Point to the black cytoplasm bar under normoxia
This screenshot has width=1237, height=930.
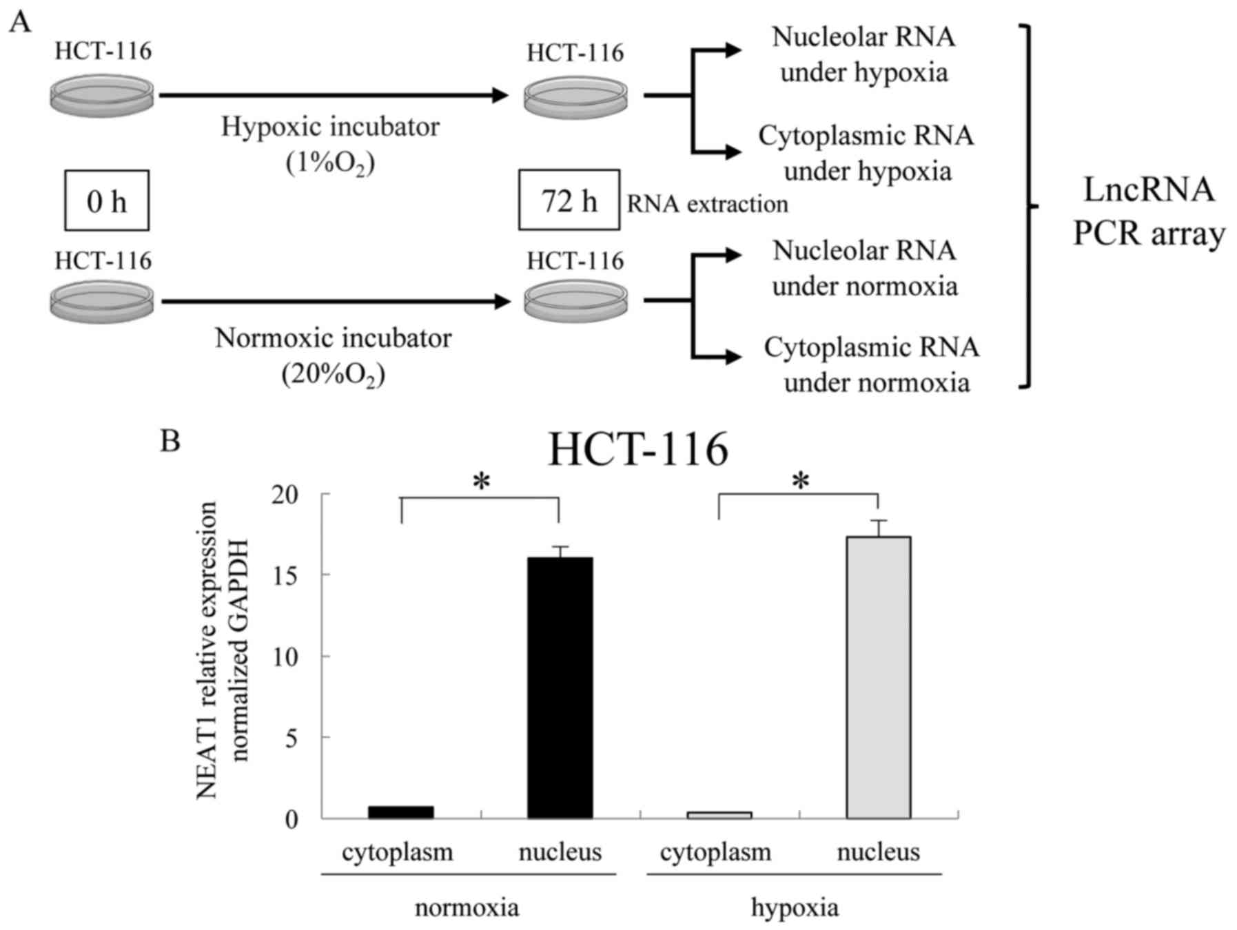[x=400, y=812]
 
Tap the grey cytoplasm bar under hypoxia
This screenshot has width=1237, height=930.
[x=719, y=815]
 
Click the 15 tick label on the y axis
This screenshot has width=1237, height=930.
[x=285, y=575]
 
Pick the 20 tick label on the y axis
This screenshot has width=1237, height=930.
[x=285, y=495]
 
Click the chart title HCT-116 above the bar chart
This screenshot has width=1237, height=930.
[x=637, y=451]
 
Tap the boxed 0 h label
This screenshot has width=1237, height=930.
[x=107, y=200]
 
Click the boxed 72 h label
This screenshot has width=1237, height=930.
[x=569, y=200]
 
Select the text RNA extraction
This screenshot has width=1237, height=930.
[x=707, y=204]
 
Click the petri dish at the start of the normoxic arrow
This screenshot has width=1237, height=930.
[x=102, y=301]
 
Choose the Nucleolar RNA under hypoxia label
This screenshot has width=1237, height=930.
[x=863, y=54]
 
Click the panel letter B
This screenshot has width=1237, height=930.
[x=170, y=440]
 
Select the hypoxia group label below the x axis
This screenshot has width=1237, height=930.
[x=795, y=907]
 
